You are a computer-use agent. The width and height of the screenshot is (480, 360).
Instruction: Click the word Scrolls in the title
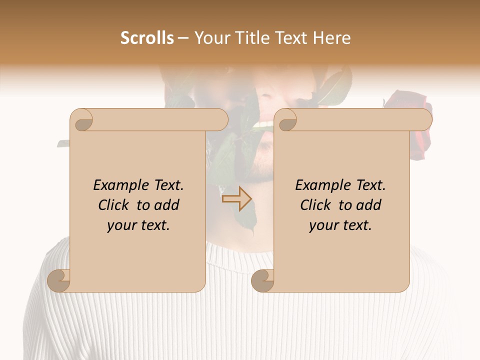(x=147, y=38)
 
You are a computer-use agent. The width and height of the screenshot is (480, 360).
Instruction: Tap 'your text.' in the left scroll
(x=138, y=225)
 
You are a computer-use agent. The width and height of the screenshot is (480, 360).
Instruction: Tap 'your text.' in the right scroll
(x=340, y=225)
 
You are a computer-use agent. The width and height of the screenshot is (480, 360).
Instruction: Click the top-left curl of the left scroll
(x=82, y=120)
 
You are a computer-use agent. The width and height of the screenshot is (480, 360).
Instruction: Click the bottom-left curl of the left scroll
(x=59, y=280)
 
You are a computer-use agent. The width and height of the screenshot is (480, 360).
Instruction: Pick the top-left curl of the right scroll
(x=286, y=120)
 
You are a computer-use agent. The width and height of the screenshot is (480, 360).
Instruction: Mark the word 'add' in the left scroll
(x=167, y=205)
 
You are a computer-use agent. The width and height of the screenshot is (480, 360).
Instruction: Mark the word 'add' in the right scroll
(x=369, y=205)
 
